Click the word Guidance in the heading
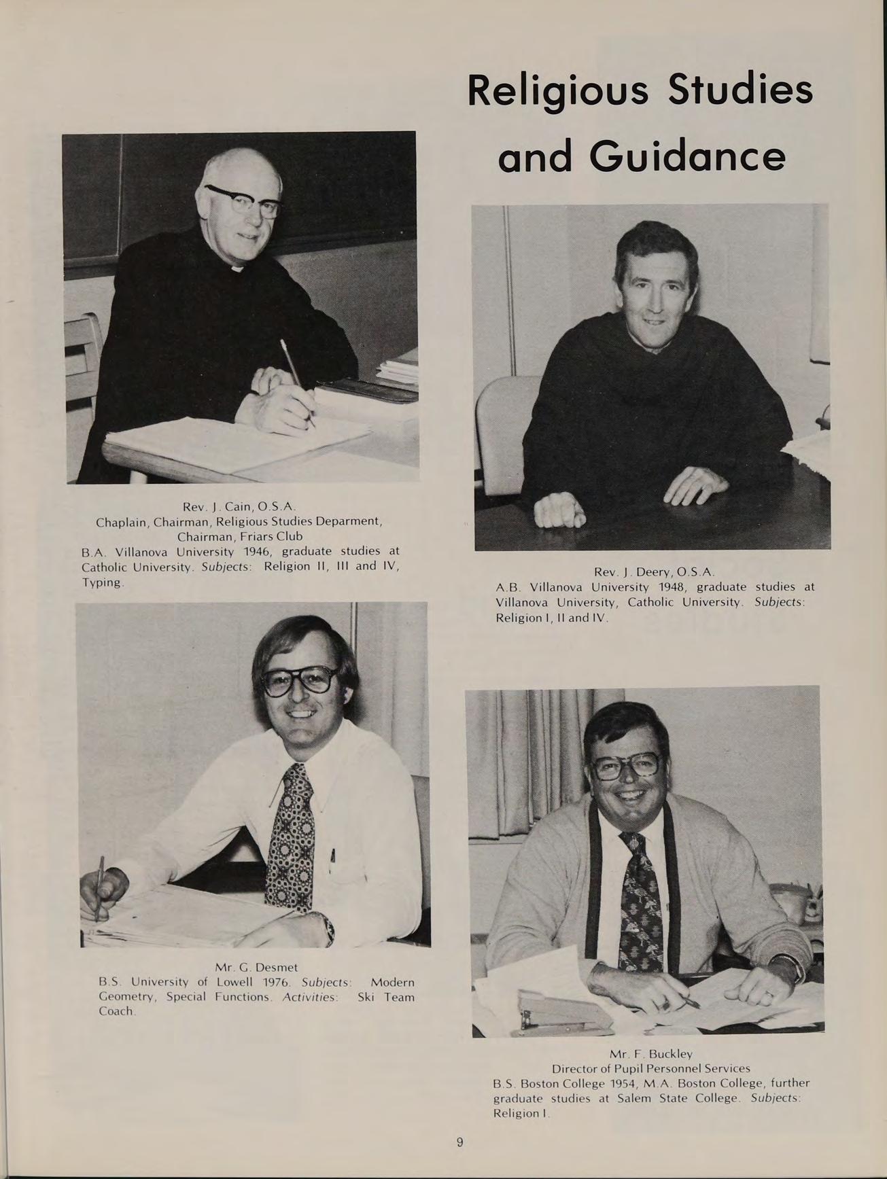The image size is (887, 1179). point(687,157)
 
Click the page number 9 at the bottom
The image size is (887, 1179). point(459,1142)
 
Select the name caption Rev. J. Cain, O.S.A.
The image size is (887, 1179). point(241,506)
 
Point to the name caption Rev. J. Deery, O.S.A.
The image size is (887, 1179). point(654,571)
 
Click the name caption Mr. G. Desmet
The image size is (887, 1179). point(256,966)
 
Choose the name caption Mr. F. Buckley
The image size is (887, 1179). point(650,1054)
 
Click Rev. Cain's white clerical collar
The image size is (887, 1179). point(237,270)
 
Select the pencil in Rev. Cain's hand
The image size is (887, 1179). point(297,381)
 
